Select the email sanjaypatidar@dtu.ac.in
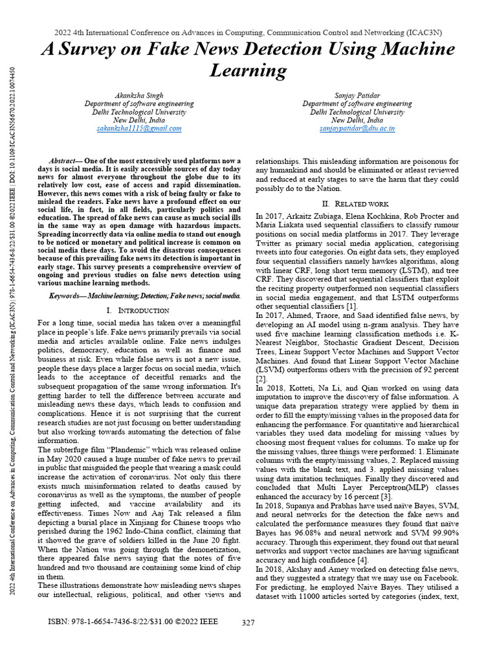357,128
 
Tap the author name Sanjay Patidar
357,95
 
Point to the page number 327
248,623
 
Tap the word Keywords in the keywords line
67,295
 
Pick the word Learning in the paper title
248,69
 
